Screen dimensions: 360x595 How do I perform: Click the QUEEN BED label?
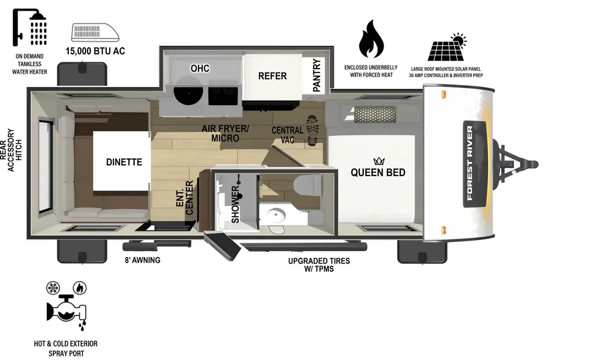pos(378,172)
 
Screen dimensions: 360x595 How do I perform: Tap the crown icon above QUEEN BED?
pos(379,161)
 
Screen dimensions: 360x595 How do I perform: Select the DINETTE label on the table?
pos(124,162)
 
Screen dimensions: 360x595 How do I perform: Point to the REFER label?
pos(272,76)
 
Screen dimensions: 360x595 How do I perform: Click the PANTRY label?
pos(316,75)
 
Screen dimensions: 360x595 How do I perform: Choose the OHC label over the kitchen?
pos(200,68)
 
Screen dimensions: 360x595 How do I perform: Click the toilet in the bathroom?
pos(307,184)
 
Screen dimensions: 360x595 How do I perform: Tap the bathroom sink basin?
pos(276,215)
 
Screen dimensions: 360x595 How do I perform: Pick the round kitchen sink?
pos(188,91)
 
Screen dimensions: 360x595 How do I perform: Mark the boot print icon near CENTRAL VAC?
pos(312,130)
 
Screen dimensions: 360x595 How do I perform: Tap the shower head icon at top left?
pos(29,28)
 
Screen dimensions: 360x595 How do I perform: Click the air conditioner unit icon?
pos(95,32)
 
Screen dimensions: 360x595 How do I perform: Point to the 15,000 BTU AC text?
pos(95,51)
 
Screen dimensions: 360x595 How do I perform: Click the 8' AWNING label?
pos(142,260)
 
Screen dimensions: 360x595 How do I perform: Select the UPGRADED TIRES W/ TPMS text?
pos(319,265)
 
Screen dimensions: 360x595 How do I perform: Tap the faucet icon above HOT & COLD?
pos(67,307)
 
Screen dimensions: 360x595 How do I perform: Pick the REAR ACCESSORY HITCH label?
pos(11,150)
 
